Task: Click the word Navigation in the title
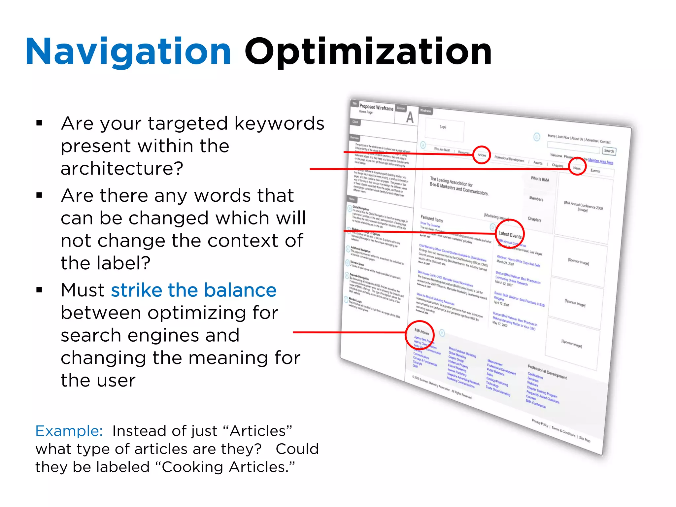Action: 128,52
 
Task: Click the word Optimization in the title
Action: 368,52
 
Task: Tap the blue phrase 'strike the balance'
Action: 193,290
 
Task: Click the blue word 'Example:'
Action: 69,431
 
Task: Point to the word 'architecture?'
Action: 122,168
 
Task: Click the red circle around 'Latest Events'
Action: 510,234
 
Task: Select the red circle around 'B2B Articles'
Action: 420,335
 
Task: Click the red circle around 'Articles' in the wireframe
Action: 482,155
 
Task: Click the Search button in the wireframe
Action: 609,151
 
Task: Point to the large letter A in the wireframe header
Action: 410,118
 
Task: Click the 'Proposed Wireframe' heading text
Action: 376,107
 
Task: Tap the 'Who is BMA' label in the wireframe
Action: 540,179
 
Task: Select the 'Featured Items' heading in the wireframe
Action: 431,219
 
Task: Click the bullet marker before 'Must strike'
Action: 40,290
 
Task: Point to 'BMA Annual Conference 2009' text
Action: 583,206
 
